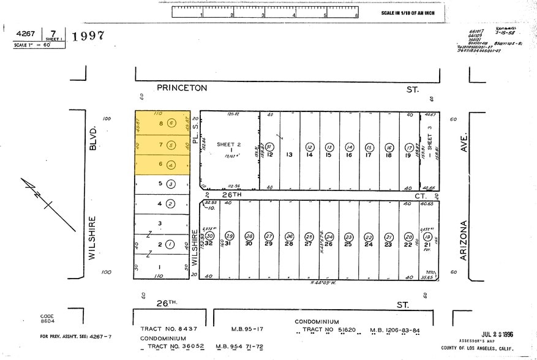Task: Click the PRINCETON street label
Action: [x=182, y=88]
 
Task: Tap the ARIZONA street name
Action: [x=464, y=241]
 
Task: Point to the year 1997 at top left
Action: [x=88, y=36]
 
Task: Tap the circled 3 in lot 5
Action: [x=172, y=183]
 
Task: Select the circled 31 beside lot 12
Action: [x=269, y=147]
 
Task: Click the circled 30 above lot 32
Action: [x=209, y=236]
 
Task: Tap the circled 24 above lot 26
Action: [x=329, y=236]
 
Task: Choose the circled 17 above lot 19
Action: [x=409, y=148]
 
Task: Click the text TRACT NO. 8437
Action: [x=169, y=329]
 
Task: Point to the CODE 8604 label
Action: [x=47, y=318]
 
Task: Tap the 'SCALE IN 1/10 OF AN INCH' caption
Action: [x=407, y=13]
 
